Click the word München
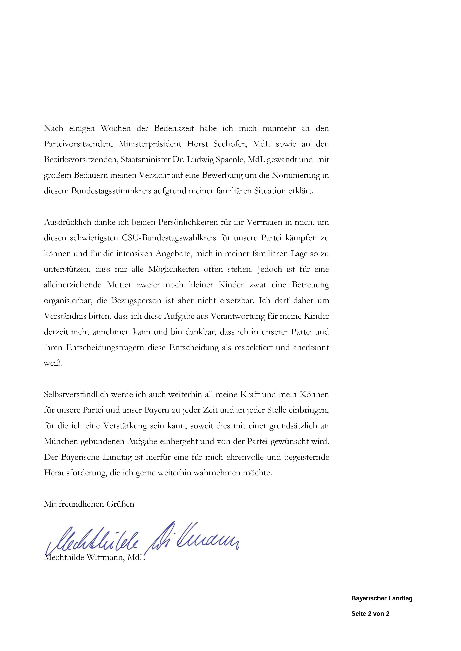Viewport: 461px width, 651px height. [61, 441]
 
